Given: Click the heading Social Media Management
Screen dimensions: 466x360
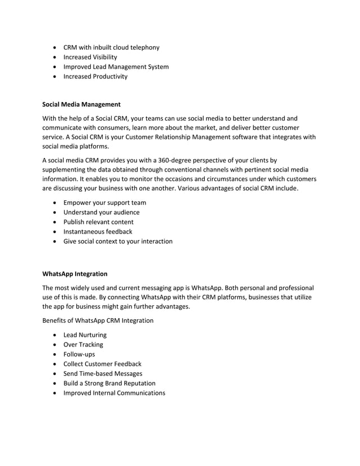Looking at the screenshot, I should tap(82, 104).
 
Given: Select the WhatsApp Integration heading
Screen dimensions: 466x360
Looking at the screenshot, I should tap(75, 274).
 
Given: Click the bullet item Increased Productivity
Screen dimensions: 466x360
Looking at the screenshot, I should tap(95, 76).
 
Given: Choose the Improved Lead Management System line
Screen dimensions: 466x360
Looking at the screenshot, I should tap(116, 67).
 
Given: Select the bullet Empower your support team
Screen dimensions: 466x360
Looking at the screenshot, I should tap(104, 203).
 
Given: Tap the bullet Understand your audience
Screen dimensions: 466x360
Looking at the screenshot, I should tap(101, 212).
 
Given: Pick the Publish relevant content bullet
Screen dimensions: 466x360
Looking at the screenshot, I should tap(98, 222).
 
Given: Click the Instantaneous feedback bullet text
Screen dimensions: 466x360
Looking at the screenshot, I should tap(98, 231).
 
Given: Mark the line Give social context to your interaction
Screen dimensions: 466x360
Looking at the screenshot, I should tap(118, 241).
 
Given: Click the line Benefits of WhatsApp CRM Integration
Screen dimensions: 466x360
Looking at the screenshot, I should tap(98, 320).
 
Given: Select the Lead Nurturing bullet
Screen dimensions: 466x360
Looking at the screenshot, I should tap(85, 335).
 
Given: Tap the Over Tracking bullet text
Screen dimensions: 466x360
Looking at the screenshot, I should tap(83, 344).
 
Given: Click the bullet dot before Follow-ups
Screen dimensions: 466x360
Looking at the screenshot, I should tap(54, 354).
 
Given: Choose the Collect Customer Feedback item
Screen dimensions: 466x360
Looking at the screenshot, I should tap(102, 364).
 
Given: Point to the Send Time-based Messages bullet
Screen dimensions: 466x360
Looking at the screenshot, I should tap(103, 373).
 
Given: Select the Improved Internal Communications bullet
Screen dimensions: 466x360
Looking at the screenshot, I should tap(114, 393).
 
